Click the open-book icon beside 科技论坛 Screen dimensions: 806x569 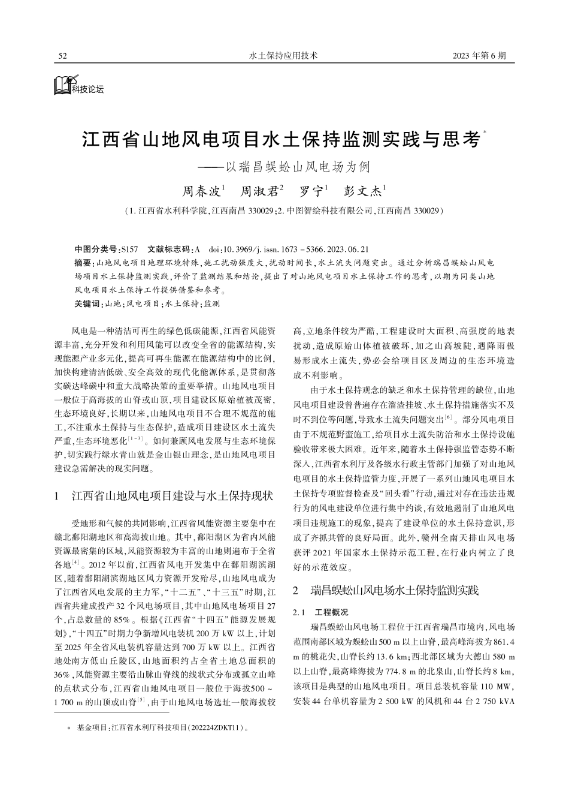coord(62,85)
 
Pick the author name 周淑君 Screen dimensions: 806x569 coord(259,192)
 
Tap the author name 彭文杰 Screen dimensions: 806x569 coord(362,192)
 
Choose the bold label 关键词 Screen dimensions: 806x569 coord(87,304)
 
